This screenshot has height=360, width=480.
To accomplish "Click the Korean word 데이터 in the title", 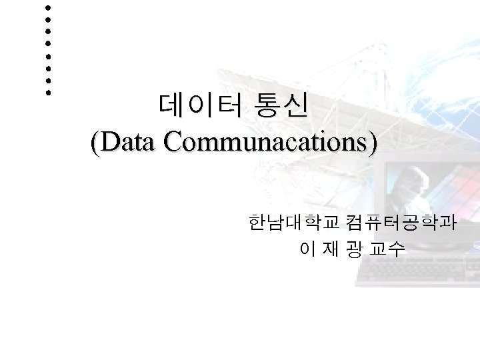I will click(x=197, y=105).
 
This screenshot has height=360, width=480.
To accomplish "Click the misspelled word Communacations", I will click(x=263, y=141).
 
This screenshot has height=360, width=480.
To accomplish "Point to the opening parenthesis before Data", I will click(x=95, y=142).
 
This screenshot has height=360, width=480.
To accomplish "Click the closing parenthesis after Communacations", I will click(x=371, y=142).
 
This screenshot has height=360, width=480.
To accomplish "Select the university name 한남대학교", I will click(x=294, y=221).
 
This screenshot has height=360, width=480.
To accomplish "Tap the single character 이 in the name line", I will click(x=307, y=250).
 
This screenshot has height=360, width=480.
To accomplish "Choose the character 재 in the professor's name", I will click(x=331, y=250).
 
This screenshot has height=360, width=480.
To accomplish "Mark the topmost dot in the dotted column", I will click(x=48, y=7).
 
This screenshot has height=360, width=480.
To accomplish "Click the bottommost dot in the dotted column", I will click(x=48, y=93).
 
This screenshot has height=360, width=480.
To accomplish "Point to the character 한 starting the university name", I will click(x=256, y=221).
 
